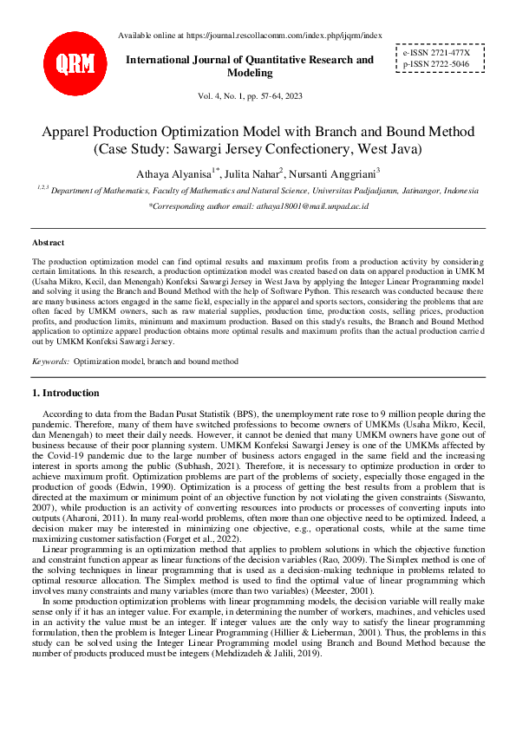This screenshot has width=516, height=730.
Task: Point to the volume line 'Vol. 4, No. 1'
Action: click(250, 97)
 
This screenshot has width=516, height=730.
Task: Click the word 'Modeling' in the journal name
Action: click(250, 73)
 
